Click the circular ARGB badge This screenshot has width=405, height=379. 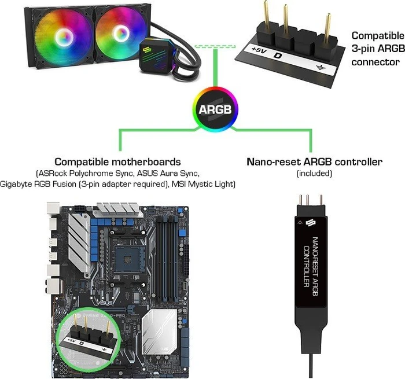click(215, 109)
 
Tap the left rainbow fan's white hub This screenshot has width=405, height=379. click(64, 36)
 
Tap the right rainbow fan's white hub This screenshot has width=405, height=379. click(120, 33)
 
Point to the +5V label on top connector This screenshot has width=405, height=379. click(259, 50)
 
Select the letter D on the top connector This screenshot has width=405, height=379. click(277, 56)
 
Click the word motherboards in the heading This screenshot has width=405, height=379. click(146, 162)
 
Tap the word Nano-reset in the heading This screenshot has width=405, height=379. click(274, 162)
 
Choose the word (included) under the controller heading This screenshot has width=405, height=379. click(314, 173)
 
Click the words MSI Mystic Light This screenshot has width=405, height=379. click(204, 184)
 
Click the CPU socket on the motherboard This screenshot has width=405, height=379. click(128, 257)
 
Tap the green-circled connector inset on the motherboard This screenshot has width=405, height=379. click(89, 339)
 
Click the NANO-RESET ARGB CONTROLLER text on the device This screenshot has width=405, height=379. click(311, 266)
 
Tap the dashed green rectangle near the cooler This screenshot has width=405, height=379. click(215, 46)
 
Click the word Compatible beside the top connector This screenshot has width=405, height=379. click(378, 36)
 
